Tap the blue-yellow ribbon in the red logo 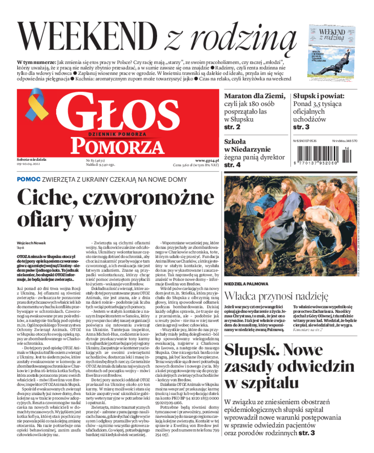(35, 106)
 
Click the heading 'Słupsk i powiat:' (319, 95)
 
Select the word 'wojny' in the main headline (110, 218)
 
